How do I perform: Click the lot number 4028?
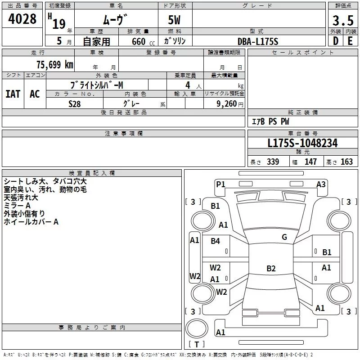[x=22, y=19]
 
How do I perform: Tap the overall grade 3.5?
[x=343, y=20]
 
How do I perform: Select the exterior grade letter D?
[x=336, y=41]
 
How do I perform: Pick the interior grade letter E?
[x=350, y=41]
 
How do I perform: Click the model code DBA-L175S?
[x=258, y=41]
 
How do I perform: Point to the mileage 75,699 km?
[x=55, y=65]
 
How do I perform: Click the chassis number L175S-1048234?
[x=302, y=143]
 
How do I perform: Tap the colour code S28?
[x=75, y=104]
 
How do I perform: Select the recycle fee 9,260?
[x=227, y=104]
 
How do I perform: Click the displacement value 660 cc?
[x=143, y=41]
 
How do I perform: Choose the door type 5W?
[x=174, y=20]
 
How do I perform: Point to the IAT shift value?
[x=13, y=94]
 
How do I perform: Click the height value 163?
[x=346, y=162]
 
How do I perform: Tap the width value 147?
[x=310, y=162]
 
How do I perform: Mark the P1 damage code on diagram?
[x=220, y=184]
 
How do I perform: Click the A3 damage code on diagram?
[x=321, y=184]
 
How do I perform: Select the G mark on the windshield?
[x=284, y=237]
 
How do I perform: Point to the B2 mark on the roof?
[x=271, y=268]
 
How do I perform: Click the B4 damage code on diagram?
[x=216, y=241]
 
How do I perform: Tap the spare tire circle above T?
[x=197, y=328]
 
